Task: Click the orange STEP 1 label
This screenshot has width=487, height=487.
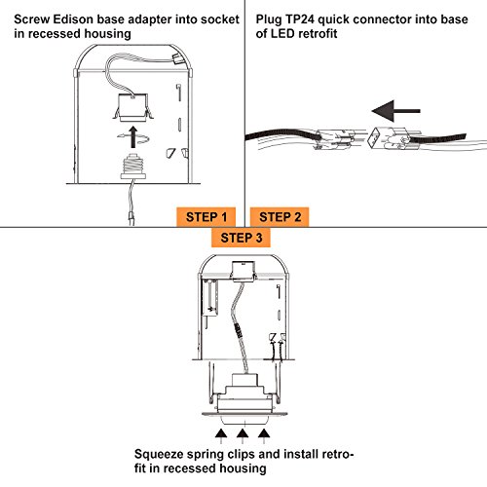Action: coord(206,217)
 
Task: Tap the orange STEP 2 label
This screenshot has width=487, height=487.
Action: coord(280,217)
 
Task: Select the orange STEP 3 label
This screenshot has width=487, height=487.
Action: coord(241,238)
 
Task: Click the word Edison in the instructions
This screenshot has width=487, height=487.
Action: coord(73,19)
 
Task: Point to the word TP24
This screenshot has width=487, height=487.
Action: coord(300,19)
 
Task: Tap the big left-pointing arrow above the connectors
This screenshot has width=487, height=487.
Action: coord(396,111)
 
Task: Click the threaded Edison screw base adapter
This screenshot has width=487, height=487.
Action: coord(132,167)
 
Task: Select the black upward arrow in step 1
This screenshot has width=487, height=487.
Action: coord(132,137)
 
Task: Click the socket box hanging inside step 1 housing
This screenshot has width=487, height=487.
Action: coord(132,108)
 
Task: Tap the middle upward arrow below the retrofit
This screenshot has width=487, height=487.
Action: coord(243,436)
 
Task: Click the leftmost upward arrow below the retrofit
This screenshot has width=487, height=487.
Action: coord(221,436)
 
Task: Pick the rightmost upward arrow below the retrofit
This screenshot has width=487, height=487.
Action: coord(264,436)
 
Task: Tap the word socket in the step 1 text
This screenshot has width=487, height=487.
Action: coord(220,19)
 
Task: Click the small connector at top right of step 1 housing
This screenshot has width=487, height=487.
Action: coord(177,59)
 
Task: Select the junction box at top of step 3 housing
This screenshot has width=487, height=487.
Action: coord(243,270)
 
